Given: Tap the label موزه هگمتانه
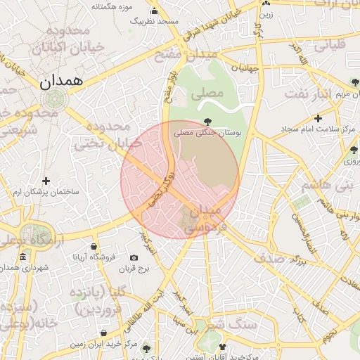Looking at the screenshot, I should [x=112, y=6].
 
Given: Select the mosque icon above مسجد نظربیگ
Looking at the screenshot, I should [x=155, y=11].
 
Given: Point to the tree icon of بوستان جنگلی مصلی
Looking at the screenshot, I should [x=206, y=121].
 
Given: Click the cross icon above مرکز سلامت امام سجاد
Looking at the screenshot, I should [x=318, y=118].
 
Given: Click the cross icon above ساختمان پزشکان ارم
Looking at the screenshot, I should [x=46, y=181].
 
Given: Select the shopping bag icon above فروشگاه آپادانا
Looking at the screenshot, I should [x=94, y=246].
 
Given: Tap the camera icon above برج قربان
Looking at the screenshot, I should [x=134, y=258].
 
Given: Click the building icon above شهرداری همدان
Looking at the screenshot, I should [x=23, y=256].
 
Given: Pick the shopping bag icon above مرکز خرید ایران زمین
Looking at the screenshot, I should [x=103, y=333].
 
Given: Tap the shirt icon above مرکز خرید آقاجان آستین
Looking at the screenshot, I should [x=223, y=347].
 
